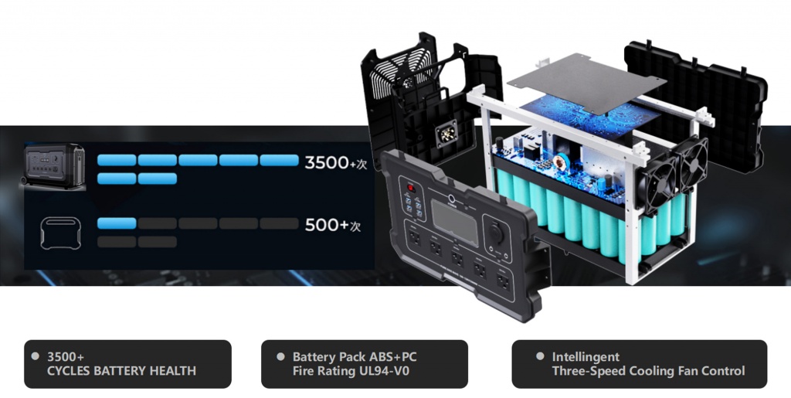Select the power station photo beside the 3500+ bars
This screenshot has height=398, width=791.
click(x=53, y=166)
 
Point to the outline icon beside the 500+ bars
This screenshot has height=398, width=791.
click(x=60, y=233)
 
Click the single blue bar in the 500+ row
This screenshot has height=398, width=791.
click(x=117, y=223)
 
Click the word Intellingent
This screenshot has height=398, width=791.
click(x=586, y=357)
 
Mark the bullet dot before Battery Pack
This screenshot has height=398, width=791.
click(x=280, y=356)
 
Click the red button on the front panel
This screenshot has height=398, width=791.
click(x=411, y=188)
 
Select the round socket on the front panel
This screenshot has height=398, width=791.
click(x=494, y=232)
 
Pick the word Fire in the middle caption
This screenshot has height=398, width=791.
click(x=303, y=371)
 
